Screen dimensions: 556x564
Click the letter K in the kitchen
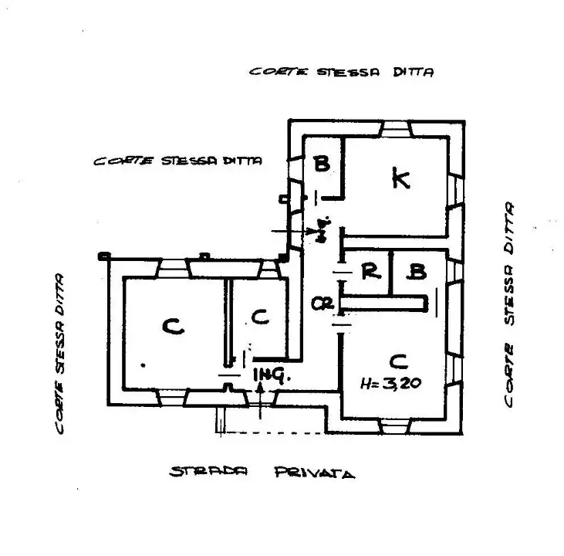[400, 179]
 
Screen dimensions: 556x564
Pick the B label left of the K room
[322, 164]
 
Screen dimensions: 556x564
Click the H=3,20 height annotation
[395, 384]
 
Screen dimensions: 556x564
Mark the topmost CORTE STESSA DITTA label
[341, 71]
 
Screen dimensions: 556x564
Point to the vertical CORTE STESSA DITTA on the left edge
[61, 353]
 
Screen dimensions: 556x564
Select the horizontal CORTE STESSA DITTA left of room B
[177, 161]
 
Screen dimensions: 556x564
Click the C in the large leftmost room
[174, 327]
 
